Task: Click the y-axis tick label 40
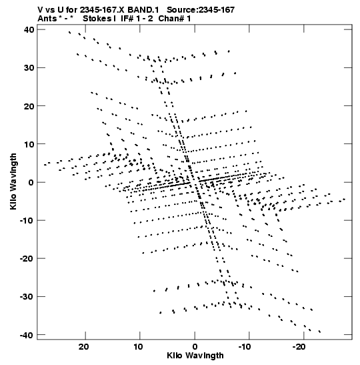29,29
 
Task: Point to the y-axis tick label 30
29,68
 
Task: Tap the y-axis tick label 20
29,106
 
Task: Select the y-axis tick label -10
27,220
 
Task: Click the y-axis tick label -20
27,258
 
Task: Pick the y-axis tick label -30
27,296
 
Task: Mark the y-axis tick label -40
27,335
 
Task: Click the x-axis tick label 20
83,347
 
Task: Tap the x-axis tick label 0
195,347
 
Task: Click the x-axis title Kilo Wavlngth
195,356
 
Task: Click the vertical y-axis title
13,181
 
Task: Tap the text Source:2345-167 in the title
201,10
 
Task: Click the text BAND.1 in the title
143,10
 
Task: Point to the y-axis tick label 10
29,144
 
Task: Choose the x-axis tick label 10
138,347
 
